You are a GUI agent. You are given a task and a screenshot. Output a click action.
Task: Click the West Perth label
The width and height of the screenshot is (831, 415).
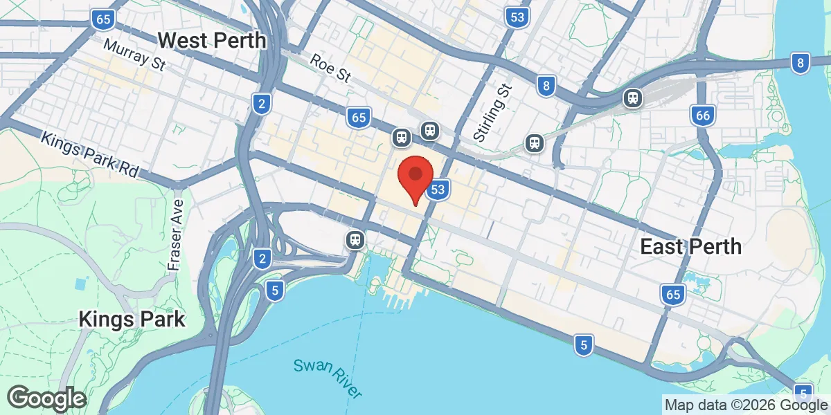(212, 40)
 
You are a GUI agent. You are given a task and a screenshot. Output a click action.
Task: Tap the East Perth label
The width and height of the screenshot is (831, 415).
(690, 246)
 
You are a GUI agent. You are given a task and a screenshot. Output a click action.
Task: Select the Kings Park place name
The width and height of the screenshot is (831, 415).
(132, 320)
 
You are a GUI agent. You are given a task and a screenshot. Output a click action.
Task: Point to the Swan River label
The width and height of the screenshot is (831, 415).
(328, 376)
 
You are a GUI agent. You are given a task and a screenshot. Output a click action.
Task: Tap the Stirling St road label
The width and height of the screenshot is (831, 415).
(493, 111)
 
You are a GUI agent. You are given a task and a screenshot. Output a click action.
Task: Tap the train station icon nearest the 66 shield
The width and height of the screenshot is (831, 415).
(633, 98)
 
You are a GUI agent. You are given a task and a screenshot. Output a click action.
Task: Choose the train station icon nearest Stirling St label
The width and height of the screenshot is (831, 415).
(534, 142)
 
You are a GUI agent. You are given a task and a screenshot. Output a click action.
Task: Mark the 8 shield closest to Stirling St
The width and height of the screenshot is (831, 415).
(546, 86)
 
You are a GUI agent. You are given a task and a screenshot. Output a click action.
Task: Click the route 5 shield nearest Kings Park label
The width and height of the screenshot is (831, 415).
(275, 290)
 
